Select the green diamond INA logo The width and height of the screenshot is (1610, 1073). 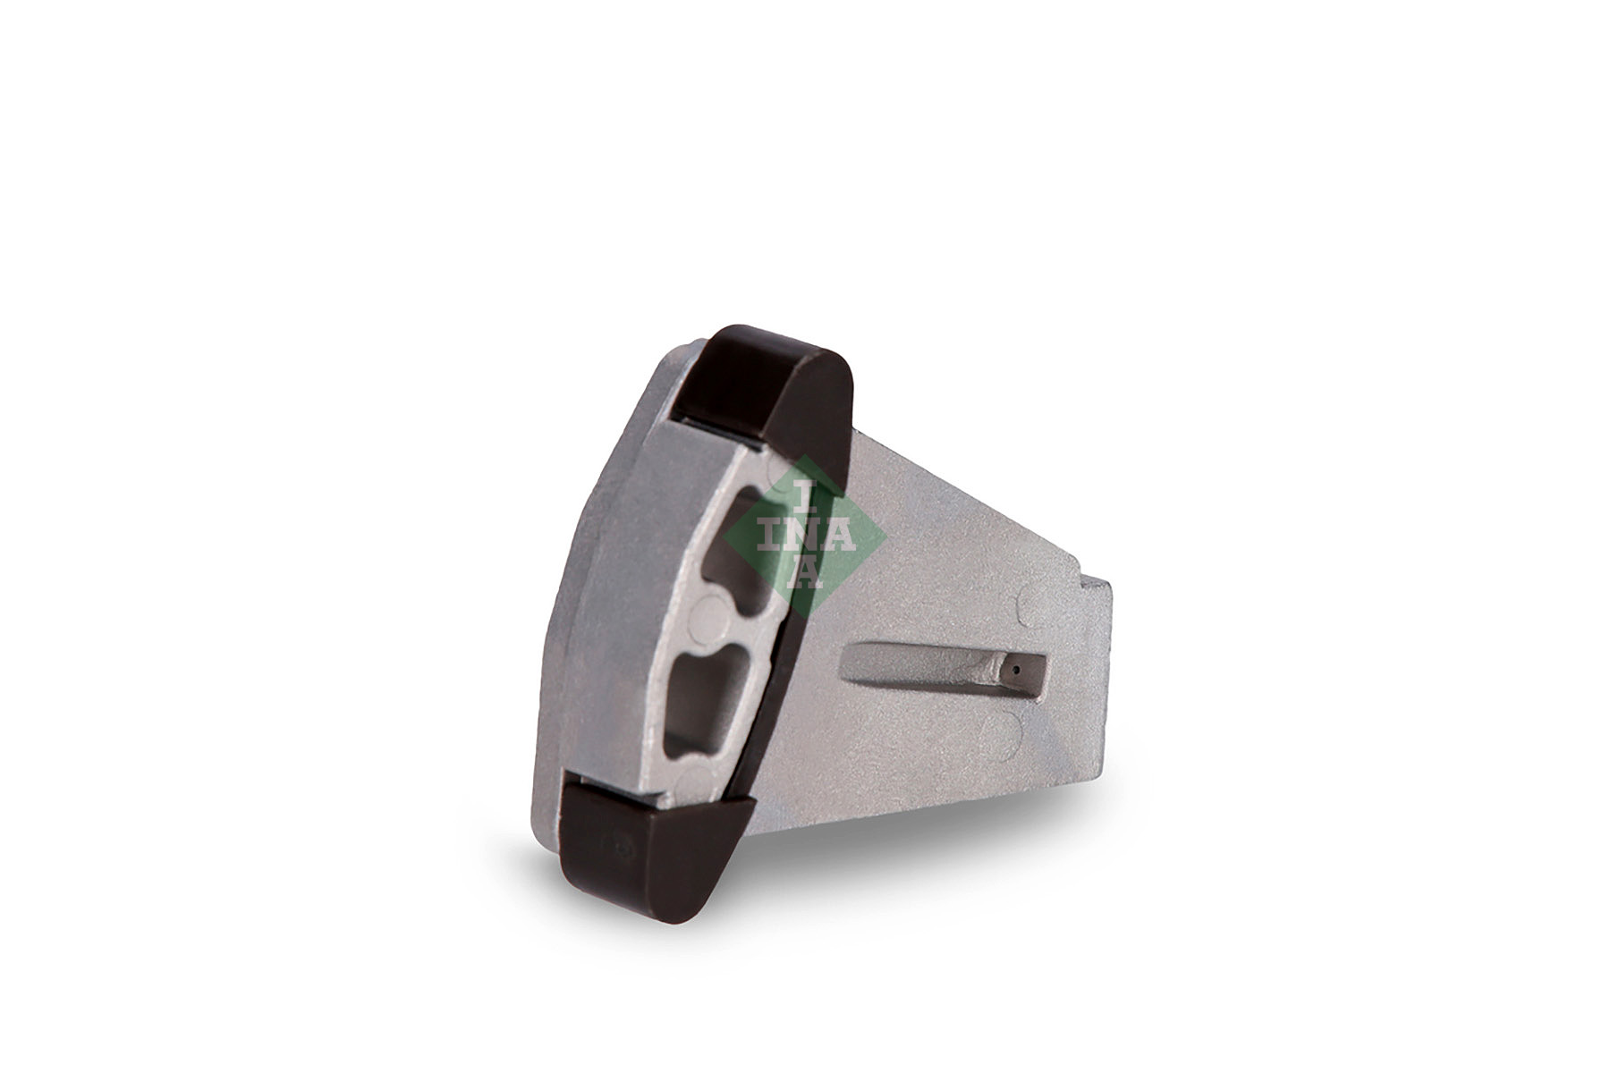[x=805, y=536]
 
